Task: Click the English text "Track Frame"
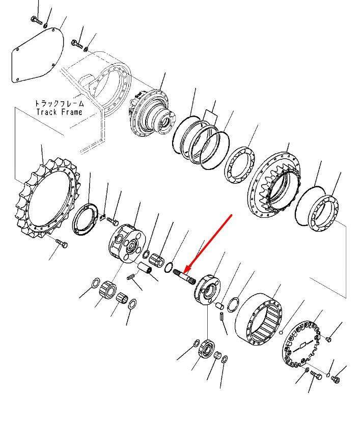[x=59, y=112]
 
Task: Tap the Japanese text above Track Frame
[x=59, y=103]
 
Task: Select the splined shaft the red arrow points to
[x=185, y=277]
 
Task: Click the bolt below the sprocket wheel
[x=62, y=243]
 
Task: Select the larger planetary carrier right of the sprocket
[x=127, y=243]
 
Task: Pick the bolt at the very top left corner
[x=36, y=21]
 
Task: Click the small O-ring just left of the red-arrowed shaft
[x=169, y=267]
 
